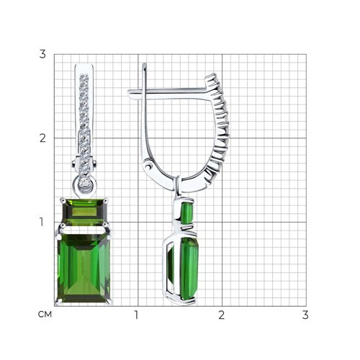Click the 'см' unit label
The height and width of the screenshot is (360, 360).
pos(45,315)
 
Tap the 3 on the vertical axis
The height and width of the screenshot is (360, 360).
pos(42,54)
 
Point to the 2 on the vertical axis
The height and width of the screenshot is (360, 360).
pos(42,138)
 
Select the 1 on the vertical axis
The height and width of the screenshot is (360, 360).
pos(42,222)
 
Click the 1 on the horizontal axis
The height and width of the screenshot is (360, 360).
pos(137,315)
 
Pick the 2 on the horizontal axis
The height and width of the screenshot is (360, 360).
pos(221,315)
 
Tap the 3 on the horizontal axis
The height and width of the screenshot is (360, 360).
pos(305,315)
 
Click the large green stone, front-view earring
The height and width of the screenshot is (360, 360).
pos(84,269)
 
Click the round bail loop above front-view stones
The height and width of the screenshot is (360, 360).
pos(84,184)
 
